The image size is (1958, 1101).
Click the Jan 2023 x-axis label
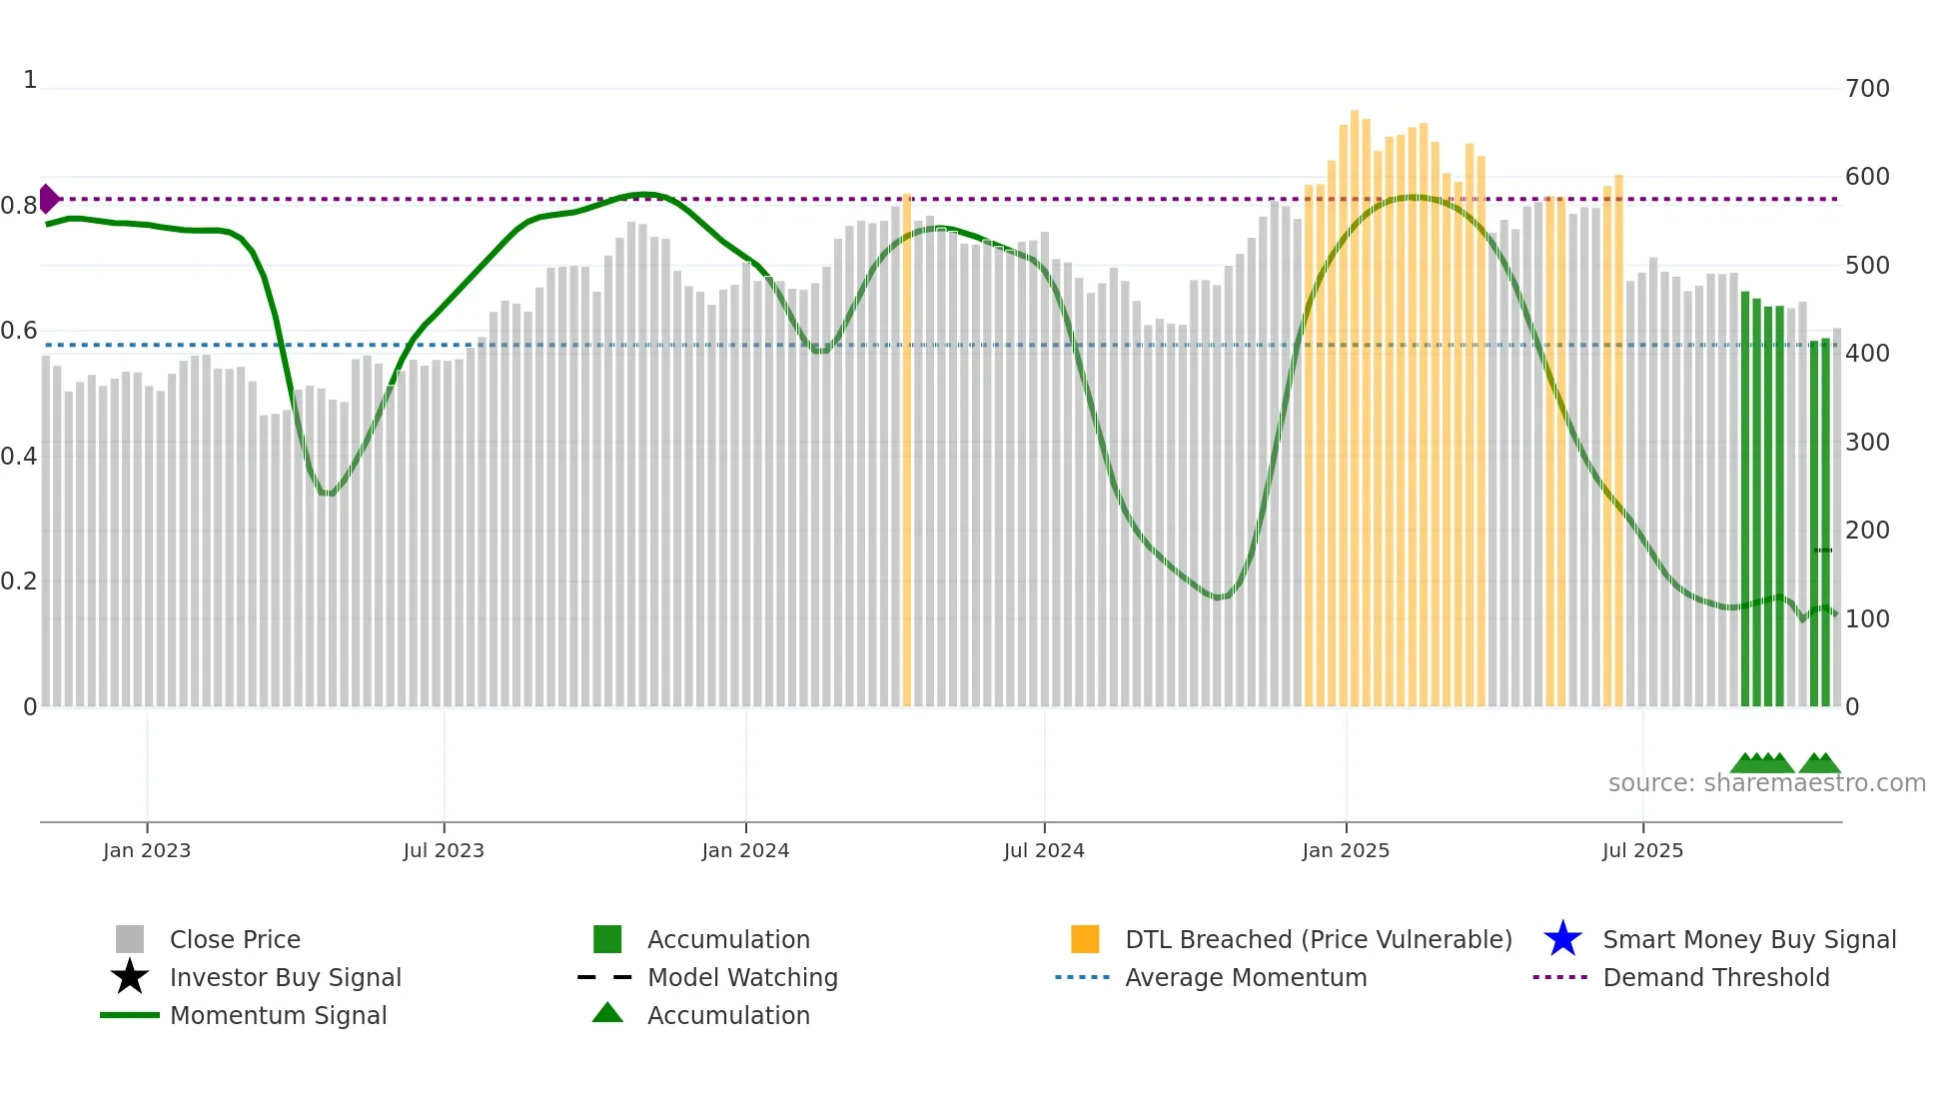[x=146, y=850]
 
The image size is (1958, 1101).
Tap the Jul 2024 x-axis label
[x=1044, y=850]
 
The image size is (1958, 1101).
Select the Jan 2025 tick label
[x=1346, y=850]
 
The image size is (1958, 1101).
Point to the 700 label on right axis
[x=1867, y=89]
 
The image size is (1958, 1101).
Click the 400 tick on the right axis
[x=1867, y=354]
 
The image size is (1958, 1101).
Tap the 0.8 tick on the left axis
[x=19, y=206]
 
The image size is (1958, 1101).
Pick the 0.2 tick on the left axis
[x=19, y=581]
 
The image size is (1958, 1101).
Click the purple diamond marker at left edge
[x=48, y=199]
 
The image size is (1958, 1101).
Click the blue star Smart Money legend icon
[x=1562, y=939]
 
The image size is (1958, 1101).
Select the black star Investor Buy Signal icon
[x=130, y=977]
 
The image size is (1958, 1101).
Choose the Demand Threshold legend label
[x=1715, y=977]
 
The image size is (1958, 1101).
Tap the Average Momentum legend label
[x=1246, y=977]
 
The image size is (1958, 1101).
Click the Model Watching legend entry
[x=742, y=977]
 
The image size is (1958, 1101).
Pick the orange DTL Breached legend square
[x=1085, y=939]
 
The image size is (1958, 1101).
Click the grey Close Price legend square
[x=130, y=939]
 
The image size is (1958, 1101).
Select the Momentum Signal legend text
[x=278, y=1015]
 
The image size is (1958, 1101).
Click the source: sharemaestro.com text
[x=1766, y=783]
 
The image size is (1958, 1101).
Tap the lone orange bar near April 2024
[x=907, y=450]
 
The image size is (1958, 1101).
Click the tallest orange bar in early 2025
[x=1355, y=400]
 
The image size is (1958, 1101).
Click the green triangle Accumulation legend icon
[x=607, y=1013]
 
